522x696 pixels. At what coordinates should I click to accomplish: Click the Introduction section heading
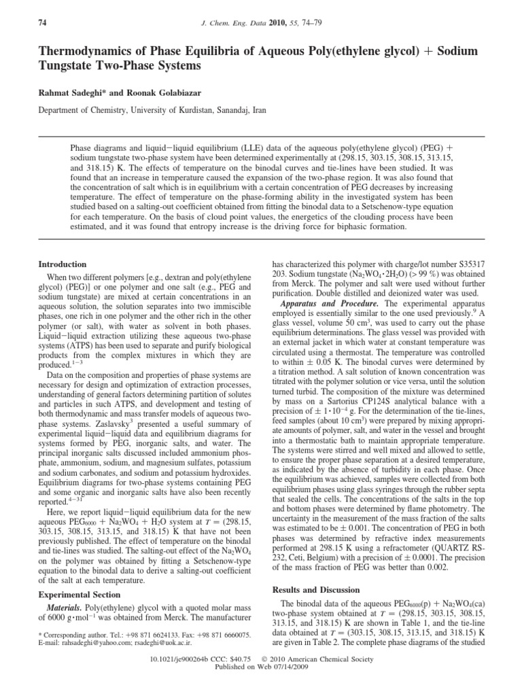pyautogui.click(x=62, y=264)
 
